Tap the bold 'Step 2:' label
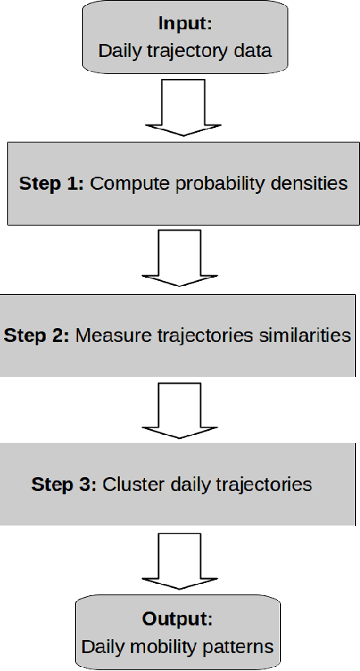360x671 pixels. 37,335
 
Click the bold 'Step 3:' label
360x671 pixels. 64,485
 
